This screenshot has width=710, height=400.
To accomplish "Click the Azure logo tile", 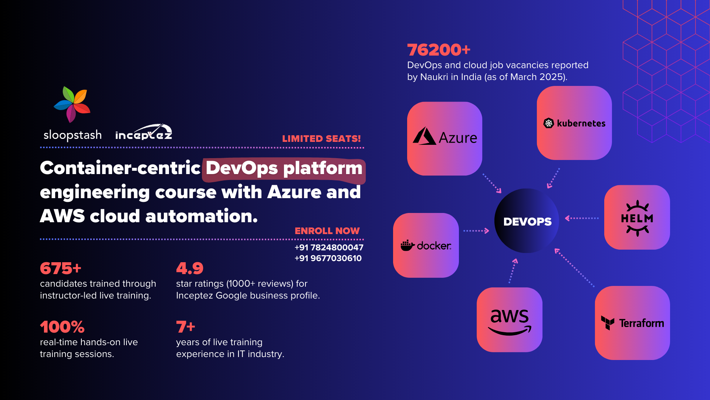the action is [x=444, y=139].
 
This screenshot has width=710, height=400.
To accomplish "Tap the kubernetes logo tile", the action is [x=574, y=123].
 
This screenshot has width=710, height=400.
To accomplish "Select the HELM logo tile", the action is [x=637, y=217].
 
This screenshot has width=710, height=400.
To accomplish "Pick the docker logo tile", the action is [x=426, y=245].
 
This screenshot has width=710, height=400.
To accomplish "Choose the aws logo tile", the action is [x=510, y=320].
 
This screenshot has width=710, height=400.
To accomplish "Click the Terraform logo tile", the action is [x=632, y=323].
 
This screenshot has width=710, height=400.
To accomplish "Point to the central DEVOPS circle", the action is [x=527, y=221].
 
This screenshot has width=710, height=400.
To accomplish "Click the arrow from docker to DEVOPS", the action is [x=476, y=231].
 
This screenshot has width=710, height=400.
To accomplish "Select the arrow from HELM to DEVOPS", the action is [x=582, y=218].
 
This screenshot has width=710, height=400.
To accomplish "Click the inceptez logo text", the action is [x=144, y=132].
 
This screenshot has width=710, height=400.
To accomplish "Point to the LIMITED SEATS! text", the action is [x=321, y=139].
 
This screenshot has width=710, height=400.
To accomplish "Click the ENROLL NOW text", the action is [x=327, y=231].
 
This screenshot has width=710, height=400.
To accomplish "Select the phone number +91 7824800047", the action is [x=329, y=247].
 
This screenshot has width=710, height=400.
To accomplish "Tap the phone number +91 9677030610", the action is [x=328, y=258].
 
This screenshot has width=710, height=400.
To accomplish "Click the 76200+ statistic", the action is [x=439, y=50].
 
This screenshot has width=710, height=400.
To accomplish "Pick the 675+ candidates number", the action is [x=61, y=268].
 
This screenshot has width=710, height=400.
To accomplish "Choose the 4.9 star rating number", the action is [x=190, y=268].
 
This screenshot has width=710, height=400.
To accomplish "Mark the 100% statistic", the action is [x=62, y=327].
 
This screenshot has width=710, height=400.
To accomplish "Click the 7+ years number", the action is [x=186, y=327].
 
